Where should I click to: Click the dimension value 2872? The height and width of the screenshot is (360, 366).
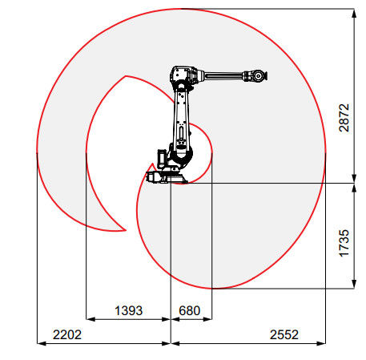[344, 118]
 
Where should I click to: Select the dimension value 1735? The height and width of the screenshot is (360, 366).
[344, 243]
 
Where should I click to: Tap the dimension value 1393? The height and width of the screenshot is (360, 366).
[128, 310]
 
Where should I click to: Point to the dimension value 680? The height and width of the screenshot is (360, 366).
[189, 310]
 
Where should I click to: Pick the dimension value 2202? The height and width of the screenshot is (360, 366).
[67, 334]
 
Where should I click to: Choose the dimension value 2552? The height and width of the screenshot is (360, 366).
[284, 334]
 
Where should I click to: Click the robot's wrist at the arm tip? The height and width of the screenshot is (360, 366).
[257, 76]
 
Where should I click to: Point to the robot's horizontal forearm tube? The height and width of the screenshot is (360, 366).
[223, 75]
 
